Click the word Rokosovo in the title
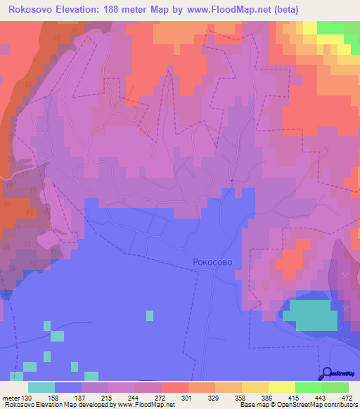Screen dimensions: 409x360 pos(33,10)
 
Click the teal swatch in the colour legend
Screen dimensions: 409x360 pos(41,387)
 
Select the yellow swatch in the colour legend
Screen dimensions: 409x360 pos(282,387)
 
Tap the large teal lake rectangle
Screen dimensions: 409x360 pos(314,315)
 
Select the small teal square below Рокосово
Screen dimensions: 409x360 pos(149,316)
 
